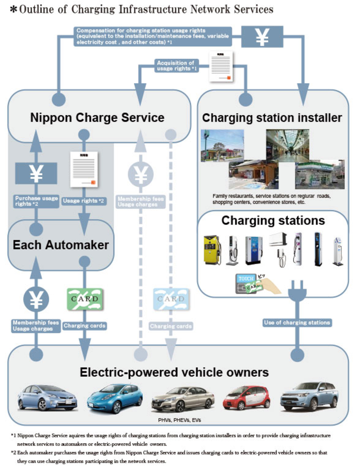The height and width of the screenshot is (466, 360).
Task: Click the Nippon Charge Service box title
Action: click(x=97, y=118)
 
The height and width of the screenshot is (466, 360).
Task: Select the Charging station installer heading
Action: click(x=272, y=118)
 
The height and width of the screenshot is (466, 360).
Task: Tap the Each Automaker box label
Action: click(x=61, y=245)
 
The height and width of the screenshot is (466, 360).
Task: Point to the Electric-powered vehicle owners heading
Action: click(x=174, y=372)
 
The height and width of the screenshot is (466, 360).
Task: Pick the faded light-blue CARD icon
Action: click(x=171, y=299)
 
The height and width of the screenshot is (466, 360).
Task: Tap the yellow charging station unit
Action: click(x=212, y=250)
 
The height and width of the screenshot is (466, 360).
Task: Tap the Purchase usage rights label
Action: click(x=36, y=201)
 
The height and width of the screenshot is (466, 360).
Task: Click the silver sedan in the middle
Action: click(x=183, y=398)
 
